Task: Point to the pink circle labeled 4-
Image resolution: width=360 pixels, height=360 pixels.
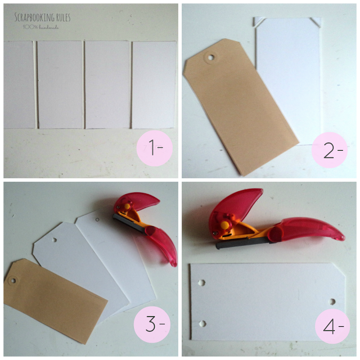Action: click(332, 326)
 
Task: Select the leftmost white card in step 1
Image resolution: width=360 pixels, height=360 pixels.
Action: click(19, 84)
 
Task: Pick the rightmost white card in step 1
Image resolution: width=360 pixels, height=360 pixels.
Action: click(153, 84)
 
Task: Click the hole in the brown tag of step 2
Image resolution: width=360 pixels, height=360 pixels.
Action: click(211, 57)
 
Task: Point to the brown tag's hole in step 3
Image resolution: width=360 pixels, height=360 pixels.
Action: click(12, 280)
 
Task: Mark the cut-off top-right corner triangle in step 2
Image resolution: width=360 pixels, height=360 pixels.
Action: click(316, 22)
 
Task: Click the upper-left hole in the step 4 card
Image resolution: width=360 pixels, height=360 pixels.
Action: click(201, 282)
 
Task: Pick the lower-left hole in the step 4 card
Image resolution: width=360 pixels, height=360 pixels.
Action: click(201, 323)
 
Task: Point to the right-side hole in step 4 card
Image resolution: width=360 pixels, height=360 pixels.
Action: click(332, 301)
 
